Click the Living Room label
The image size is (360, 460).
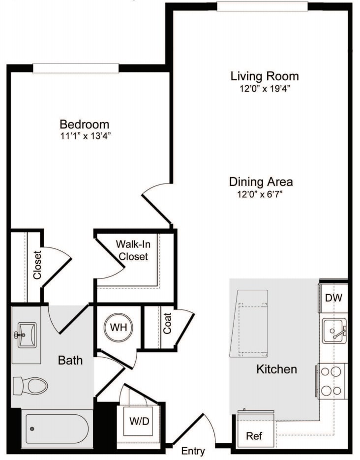pyautogui.click(x=265, y=76)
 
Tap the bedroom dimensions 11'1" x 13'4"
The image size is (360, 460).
pyautogui.click(x=85, y=136)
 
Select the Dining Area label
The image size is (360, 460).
pyautogui.click(x=261, y=182)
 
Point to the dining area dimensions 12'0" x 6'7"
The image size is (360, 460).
pyautogui.click(x=261, y=194)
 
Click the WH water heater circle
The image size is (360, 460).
pyautogui.click(x=119, y=327)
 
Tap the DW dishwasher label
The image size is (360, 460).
pyautogui.click(x=333, y=298)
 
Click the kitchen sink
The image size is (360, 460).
pyautogui.click(x=335, y=331)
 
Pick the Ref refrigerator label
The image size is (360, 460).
pyautogui.click(x=254, y=436)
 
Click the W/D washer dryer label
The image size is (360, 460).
pyautogui.click(x=139, y=421)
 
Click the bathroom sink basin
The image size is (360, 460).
pyautogui.click(x=27, y=335)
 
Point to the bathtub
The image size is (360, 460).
pyautogui.click(x=57, y=429)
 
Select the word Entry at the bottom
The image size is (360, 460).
pyautogui.click(x=193, y=451)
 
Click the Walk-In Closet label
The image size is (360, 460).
pyautogui.click(x=133, y=250)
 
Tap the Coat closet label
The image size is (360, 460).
pyautogui.click(x=167, y=323)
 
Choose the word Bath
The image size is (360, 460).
pyautogui.click(x=70, y=360)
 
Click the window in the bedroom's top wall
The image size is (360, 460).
pyautogui.click(x=76, y=68)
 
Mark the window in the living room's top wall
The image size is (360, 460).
pyautogui.click(x=263, y=6)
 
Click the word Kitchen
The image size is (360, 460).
pyautogui.click(x=276, y=369)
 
